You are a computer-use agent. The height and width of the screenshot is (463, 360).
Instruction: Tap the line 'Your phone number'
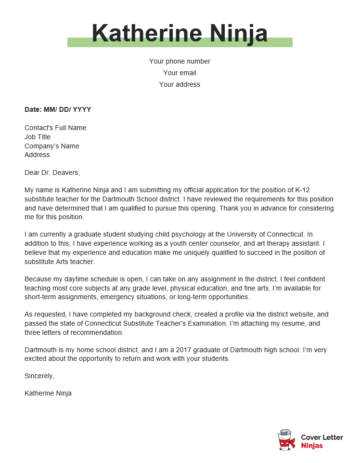coord(180,61)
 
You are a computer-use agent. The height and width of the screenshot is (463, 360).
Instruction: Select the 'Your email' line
coord(180,73)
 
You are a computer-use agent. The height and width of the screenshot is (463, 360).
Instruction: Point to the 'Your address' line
coord(180,85)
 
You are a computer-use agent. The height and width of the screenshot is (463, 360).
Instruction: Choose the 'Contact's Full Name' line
coord(56,128)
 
